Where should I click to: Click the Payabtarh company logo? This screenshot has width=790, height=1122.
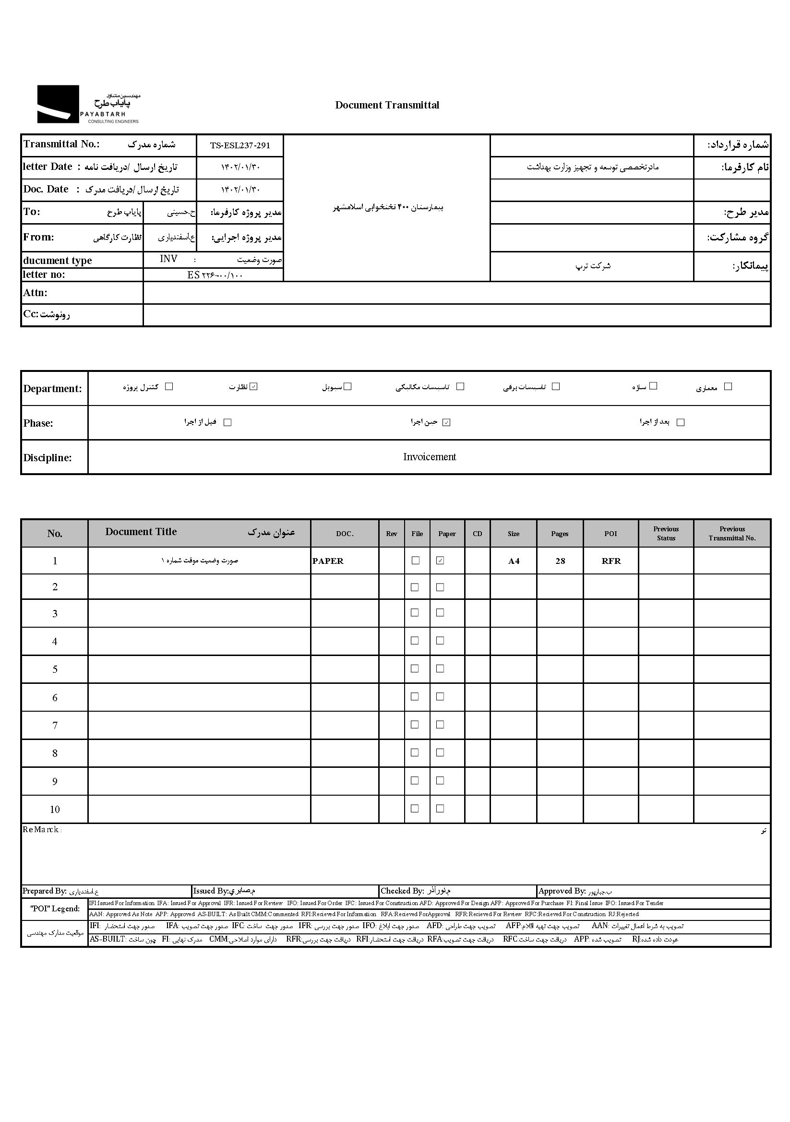point(88,104)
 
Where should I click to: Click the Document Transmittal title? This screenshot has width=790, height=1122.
point(387,105)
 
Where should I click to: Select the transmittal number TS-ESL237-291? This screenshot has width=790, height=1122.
point(239,145)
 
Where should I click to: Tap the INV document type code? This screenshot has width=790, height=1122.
point(168,259)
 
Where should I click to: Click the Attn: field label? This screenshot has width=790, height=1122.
point(35,293)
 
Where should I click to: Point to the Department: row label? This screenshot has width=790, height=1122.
point(52,389)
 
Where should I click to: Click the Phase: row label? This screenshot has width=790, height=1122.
point(38,423)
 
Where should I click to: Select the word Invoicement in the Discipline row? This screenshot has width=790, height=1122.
point(429,457)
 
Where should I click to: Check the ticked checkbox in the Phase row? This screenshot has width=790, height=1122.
point(446,423)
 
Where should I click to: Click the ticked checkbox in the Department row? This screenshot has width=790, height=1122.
point(253,386)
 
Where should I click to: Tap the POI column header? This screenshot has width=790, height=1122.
point(610,534)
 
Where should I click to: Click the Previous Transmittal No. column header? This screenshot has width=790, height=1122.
point(732,534)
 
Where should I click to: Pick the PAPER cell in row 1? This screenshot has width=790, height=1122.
point(328,561)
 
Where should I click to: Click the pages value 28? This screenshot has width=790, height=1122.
point(560,561)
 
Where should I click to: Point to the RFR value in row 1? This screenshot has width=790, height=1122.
point(611,561)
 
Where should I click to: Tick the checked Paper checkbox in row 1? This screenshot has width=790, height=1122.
point(440,561)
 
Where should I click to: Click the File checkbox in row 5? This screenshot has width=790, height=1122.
point(415,668)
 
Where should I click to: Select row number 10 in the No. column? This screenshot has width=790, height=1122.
point(55,810)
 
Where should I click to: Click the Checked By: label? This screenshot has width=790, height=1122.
point(402,891)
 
